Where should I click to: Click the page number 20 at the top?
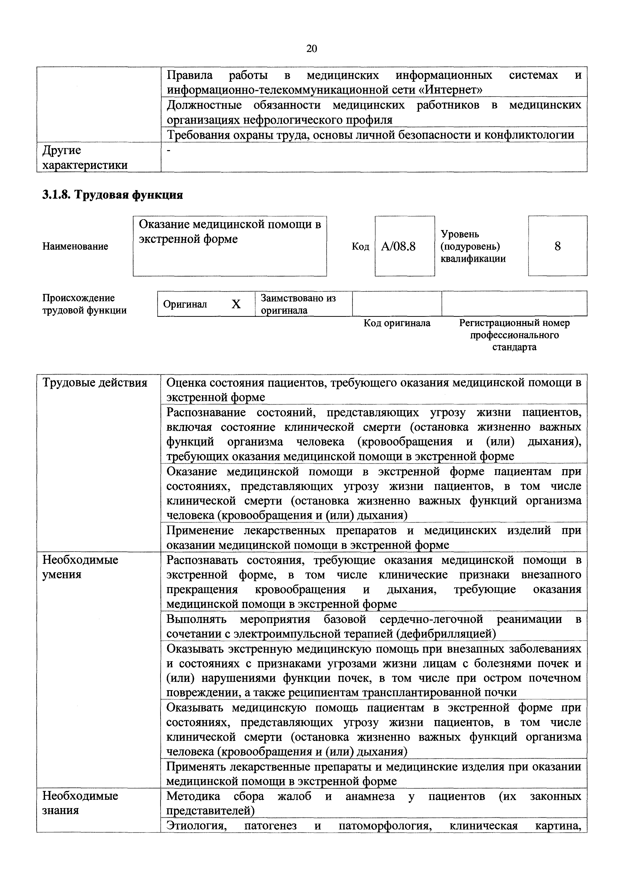[312, 49]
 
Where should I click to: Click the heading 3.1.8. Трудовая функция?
[112, 195]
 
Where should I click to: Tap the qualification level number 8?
[558, 246]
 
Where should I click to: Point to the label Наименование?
[75, 246]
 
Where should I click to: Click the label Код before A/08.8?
[360, 246]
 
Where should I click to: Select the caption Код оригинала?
[397, 323]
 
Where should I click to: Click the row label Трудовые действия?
[95, 383]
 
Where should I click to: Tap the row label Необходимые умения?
[80, 567]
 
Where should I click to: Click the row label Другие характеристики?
[85, 157]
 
